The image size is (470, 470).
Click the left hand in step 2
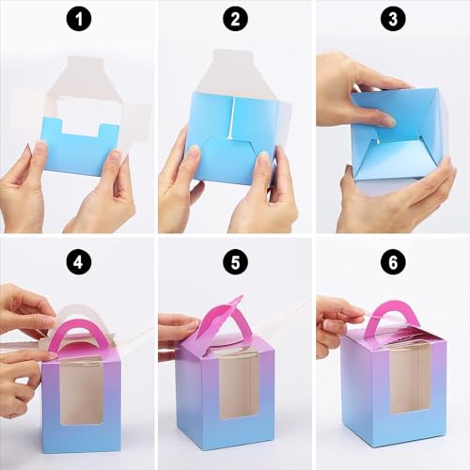[180, 183]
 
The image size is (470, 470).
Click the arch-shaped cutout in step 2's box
[231, 155]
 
